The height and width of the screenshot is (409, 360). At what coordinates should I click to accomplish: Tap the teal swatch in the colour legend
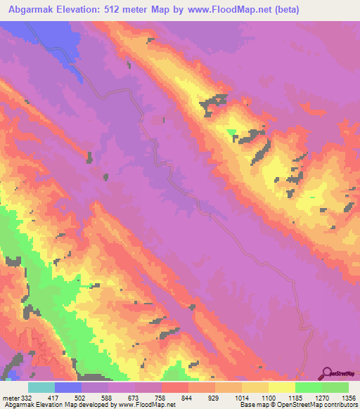tap(41, 388)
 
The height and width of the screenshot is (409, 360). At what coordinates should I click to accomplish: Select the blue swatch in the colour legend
tap(68, 388)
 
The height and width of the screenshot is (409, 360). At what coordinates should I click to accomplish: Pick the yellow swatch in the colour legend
tap(281, 388)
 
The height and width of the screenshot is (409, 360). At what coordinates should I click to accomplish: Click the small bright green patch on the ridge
tap(231, 131)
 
